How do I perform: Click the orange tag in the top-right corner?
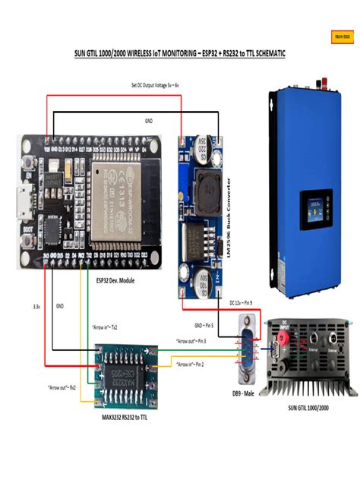click(343, 35)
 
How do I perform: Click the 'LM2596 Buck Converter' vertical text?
click(228, 219)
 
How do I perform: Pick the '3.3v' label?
click(36, 307)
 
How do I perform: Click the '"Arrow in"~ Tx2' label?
click(103, 327)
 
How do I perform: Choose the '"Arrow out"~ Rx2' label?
click(58, 387)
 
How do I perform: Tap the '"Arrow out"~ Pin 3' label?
click(191, 342)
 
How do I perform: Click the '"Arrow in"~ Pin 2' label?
click(190, 365)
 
